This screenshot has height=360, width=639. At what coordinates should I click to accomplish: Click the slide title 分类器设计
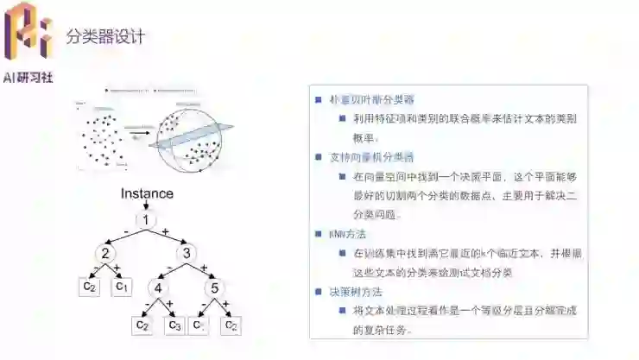[x=105, y=36]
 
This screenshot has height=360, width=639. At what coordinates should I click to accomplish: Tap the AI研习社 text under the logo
[x=28, y=77]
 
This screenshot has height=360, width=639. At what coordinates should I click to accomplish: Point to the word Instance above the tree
[x=147, y=193]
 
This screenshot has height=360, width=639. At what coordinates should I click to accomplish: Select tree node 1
[x=147, y=220]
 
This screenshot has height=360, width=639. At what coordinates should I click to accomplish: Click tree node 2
[x=105, y=254]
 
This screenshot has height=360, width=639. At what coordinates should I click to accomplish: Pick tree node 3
[x=187, y=254]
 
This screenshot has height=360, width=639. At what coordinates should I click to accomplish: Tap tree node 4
[x=159, y=287]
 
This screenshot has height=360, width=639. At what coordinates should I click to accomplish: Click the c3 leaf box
[x=175, y=325]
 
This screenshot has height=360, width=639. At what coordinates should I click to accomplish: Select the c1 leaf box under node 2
[x=123, y=285]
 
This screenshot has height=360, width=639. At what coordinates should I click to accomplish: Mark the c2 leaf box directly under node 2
[x=89, y=285]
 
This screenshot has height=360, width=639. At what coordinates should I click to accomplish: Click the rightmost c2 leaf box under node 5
[x=231, y=325]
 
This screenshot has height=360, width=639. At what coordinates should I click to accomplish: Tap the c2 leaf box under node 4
[x=142, y=325]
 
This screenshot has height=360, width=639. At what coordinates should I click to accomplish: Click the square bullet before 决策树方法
[x=319, y=292]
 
